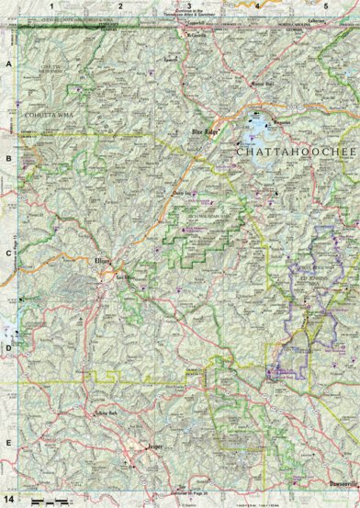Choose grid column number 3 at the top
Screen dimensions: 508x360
[188, 6]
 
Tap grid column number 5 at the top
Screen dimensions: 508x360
[325, 6]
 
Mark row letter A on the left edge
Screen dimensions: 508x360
[9, 66]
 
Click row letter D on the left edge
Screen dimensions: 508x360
[9, 347]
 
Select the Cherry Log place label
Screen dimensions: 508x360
[183, 196]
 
